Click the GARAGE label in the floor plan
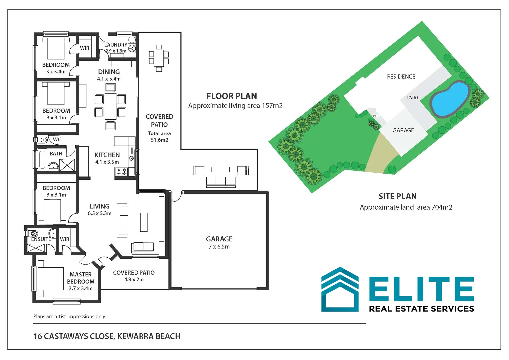219,239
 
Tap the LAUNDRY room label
115,45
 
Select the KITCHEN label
107,155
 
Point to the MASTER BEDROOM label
81,278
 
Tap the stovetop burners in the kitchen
121,172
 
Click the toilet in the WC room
43,140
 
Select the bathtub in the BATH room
42,160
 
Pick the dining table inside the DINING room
110,107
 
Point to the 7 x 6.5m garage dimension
219,247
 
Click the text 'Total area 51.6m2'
159,137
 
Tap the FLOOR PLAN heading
232,96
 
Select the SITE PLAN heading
397,196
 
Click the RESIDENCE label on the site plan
401,77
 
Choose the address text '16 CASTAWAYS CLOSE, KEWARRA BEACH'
107,336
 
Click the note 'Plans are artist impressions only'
69,316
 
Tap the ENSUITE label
41,239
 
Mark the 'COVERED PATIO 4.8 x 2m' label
134,276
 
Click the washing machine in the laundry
132,48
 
